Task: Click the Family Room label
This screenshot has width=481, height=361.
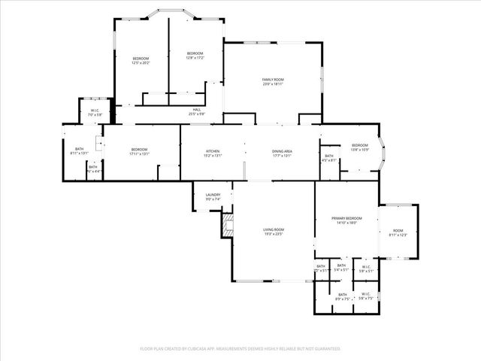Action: tap(272, 81)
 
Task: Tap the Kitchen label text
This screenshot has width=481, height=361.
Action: tap(213, 153)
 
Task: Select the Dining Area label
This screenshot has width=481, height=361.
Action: tap(282, 153)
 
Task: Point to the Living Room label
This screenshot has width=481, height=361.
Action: tap(273, 231)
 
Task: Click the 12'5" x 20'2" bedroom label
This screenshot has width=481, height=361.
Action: tap(141, 60)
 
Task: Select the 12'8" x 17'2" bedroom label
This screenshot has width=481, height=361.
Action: tap(195, 55)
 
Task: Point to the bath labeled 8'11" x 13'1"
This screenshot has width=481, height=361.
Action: tap(79, 150)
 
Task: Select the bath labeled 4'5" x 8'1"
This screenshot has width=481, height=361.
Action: tap(329, 158)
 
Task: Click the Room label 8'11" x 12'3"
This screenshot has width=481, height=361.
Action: tap(397, 232)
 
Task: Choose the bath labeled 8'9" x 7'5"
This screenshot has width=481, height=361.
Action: tap(342, 296)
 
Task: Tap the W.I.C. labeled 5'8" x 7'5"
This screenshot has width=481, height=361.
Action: tap(365, 296)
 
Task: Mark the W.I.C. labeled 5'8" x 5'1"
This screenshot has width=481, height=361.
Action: tap(365, 268)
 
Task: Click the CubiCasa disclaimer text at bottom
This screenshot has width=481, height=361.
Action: tap(240, 349)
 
